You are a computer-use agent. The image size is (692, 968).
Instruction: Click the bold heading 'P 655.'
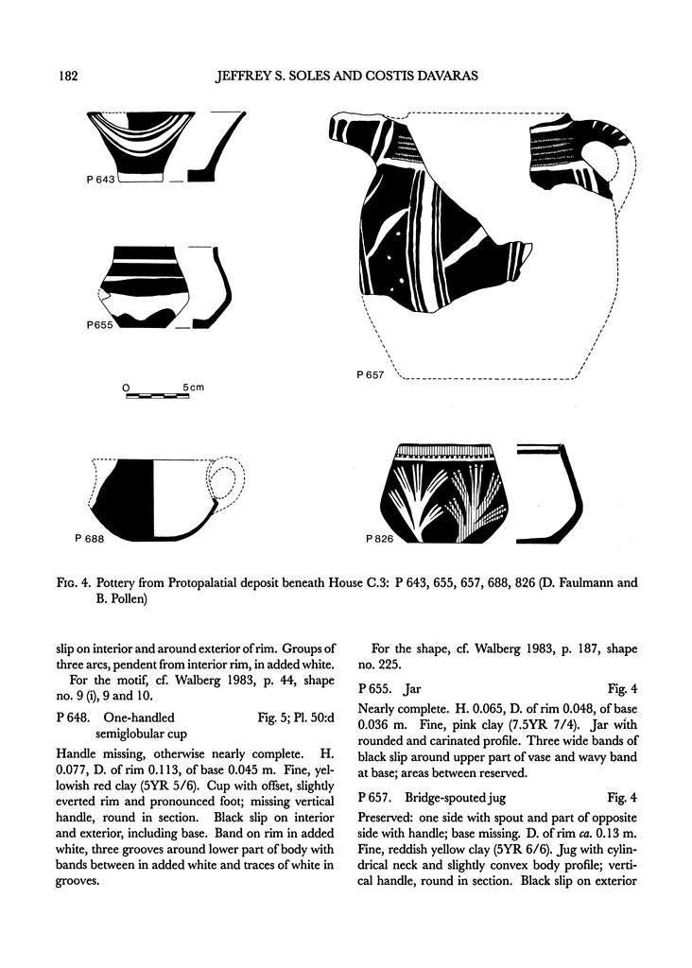(381, 687)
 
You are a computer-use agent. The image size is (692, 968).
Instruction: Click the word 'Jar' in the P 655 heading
(417, 687)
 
